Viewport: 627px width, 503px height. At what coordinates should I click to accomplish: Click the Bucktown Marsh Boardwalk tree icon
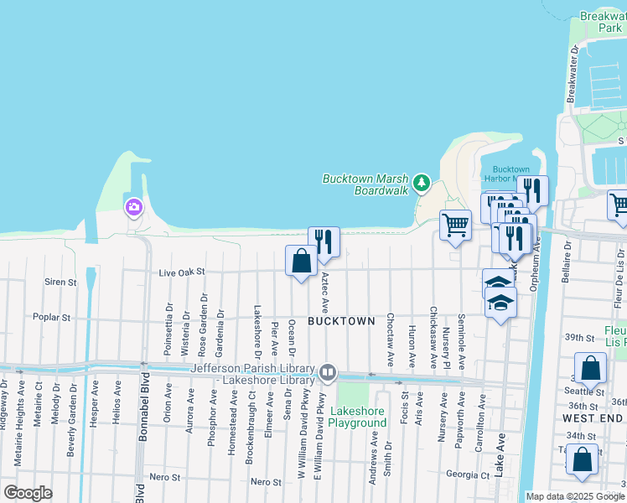coord(422,182)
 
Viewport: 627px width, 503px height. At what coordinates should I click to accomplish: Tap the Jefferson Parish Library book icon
coord(328,371)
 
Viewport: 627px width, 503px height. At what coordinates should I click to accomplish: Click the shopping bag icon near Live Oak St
coord(301,261)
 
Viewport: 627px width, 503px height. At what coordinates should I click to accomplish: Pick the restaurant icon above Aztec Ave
coord(324,243)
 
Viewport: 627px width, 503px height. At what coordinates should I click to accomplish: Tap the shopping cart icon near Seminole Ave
coord(455,225)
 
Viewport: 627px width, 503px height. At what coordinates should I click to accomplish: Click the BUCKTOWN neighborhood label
coord(340,321)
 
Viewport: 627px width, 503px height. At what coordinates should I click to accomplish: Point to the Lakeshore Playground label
coord(357,417)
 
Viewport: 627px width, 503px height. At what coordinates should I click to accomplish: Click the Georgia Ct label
coord(468,474)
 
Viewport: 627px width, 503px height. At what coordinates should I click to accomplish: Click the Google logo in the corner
coord(28,492)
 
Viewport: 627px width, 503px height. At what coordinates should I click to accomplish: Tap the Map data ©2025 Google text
coord(574,496)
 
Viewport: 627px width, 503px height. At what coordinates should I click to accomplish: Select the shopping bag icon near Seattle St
coord(592,368)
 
